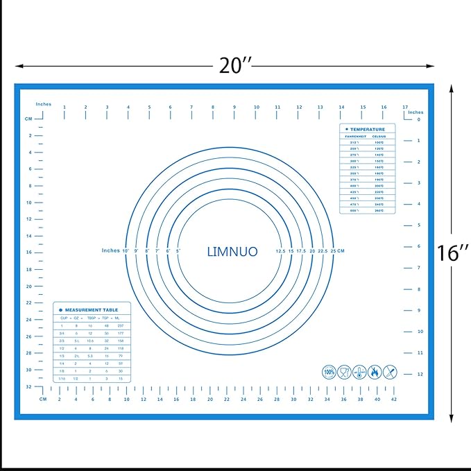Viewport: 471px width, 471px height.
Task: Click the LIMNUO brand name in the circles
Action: (x=232, y=251)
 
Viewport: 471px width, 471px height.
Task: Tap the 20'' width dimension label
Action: (x=234, y=66)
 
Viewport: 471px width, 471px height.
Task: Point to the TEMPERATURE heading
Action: (x=367, y=130)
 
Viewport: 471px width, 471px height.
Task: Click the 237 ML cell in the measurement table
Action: (x=120, y=325)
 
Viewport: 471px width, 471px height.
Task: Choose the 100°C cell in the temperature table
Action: (x=379, y=142)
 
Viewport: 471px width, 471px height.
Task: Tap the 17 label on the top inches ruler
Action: (x=405, y=107)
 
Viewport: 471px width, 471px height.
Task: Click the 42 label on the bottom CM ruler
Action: (x=394, y=400)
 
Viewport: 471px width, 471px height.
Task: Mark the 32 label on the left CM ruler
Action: (x=29, y=386)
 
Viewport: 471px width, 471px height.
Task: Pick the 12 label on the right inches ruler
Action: (x=418, y=375)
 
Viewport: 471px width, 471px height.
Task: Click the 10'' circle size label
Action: (x=126, y=250)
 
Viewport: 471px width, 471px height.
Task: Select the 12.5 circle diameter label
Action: (x=280, y=251)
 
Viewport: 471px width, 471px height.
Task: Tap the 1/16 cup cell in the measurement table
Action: (x=62, y=379)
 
